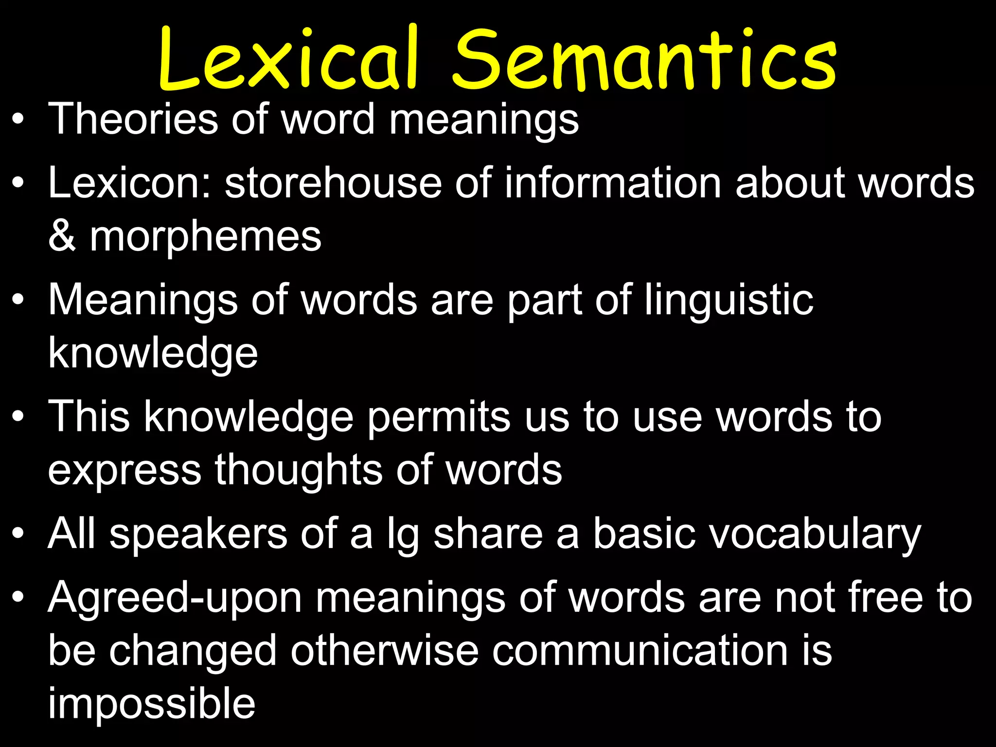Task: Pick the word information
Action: pos(613,183)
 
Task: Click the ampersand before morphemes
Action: pos(62,237)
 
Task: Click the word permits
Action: pos(438,417)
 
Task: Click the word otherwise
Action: pos(384,651)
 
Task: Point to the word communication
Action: pos(640,651)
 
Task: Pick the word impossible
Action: pos(151,704)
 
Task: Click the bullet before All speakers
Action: pos(18,534)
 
